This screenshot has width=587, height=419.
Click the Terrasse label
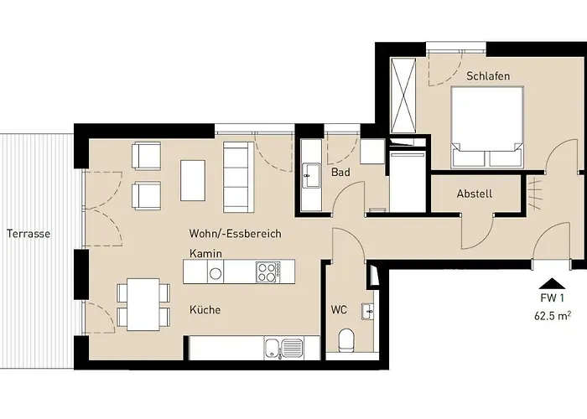29,234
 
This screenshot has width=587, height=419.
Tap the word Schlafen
488,76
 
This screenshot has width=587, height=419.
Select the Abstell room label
475,194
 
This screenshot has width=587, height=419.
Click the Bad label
340,173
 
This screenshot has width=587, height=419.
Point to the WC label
339,310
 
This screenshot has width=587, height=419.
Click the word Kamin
205,254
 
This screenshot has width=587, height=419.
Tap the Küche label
205,310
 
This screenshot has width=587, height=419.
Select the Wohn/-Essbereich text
235,234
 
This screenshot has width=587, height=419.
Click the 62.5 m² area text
552,316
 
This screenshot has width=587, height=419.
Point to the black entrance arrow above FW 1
552,284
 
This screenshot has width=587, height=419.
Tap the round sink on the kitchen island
216,274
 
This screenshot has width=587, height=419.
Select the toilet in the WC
345,340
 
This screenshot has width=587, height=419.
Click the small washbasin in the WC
367,311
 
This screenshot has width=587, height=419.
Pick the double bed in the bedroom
486,127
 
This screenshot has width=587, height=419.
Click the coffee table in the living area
193,181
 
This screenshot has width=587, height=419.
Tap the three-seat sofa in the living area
238,177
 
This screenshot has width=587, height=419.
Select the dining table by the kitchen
143,304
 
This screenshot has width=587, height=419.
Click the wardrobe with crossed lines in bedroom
403,95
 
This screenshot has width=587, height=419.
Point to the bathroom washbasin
311,176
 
